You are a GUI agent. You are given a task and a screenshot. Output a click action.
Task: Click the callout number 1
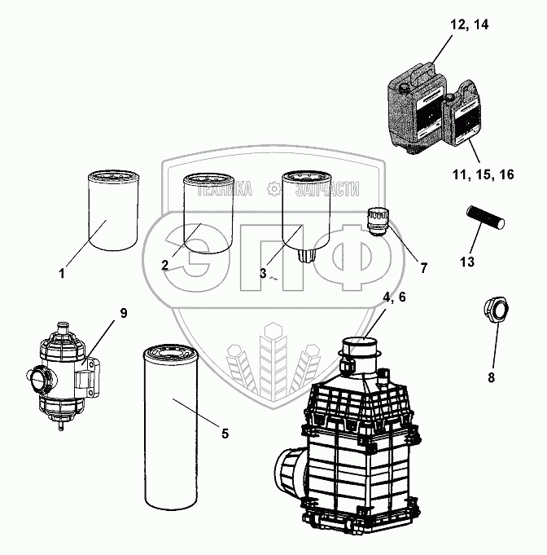[62, 274]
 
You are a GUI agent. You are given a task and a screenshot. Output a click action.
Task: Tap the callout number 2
[165, 265]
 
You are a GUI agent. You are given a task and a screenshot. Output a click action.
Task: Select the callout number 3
[264, 274]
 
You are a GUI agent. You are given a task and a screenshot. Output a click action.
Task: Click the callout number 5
[225, 433]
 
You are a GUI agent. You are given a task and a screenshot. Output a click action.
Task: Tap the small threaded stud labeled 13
[485, 217]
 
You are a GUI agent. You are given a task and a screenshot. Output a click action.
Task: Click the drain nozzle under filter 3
[306, 254]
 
